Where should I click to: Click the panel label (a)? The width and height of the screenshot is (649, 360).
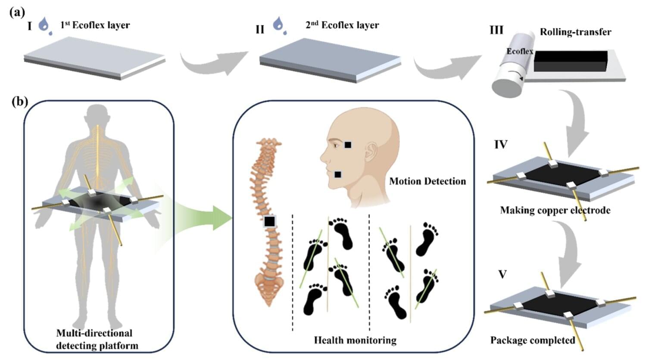click(x=17, y=12)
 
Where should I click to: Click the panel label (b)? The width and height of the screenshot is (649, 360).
click(x=20, y=102)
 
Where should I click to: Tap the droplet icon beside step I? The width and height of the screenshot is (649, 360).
click(x=44, y=25)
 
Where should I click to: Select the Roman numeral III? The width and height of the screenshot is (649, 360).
click(x=496, y=30)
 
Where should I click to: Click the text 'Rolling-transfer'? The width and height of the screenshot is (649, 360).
click(x=575, y=32)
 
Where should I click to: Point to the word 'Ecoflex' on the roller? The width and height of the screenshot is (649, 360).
click(x=519, y=51)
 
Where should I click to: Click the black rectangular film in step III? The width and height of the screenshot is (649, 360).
click(x=570, y=61)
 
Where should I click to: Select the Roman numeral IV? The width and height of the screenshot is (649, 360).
click(x=500, y=144)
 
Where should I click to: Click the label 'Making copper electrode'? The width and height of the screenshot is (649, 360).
click(x=555, y=210)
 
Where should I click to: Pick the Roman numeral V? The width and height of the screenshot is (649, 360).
click(x=502, y=274)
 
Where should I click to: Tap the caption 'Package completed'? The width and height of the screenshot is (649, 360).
click(x=533, y=340)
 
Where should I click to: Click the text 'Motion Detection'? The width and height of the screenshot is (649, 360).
click(x=427, y=181)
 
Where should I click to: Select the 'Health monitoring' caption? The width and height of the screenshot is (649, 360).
click(x=355, y=340)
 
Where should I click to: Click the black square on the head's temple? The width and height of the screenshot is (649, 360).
click(x=347, y=145)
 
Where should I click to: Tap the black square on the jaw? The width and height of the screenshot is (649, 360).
click(x=338, y=174)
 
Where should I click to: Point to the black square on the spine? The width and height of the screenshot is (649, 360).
click(x=270, y=221)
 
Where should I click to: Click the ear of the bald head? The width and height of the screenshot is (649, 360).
click(x=370, y=152)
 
